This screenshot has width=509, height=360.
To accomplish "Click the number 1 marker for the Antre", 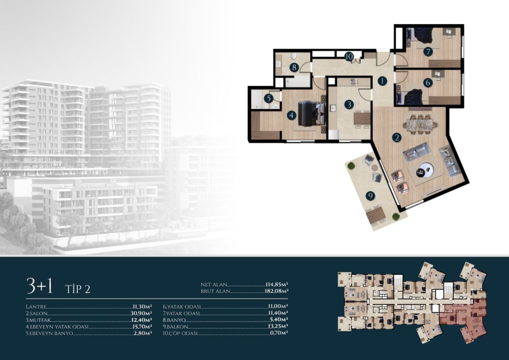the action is point(383,81).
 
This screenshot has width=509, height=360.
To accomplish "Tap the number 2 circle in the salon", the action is point(397,138).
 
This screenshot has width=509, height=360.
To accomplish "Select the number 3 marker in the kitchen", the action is point(349,104).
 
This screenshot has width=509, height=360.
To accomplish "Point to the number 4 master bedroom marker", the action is point(291,115).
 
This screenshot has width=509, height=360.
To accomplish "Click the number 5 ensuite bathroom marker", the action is point(269,98).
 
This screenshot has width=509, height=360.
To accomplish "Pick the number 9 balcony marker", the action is point(371,196).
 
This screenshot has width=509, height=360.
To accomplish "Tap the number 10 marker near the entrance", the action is point(349,56).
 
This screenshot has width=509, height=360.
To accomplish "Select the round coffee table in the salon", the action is point(425,170).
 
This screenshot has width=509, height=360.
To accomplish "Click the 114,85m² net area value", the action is point(277,284).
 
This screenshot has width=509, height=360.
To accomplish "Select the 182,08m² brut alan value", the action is point(277,291).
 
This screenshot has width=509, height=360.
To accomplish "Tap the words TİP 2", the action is point(78,289).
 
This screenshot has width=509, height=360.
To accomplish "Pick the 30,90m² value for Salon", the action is point(141,313).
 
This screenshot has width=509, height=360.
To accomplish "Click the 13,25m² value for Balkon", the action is point(278,326).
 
